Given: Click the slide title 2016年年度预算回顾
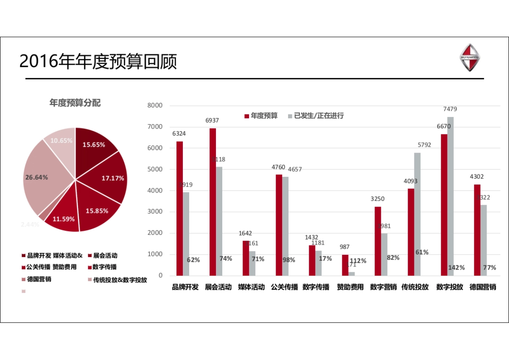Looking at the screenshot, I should click(98, 61).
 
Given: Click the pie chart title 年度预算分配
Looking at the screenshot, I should click(75, 103).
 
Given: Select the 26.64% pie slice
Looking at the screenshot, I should click(42, 178).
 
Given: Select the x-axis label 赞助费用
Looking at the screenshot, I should click(350, 287).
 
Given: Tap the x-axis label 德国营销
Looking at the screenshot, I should click(483, 287).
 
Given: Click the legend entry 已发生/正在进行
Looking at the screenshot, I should click(316, 115).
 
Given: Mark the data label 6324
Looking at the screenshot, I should click(179, 134).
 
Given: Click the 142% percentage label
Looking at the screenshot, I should click(456, 268).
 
